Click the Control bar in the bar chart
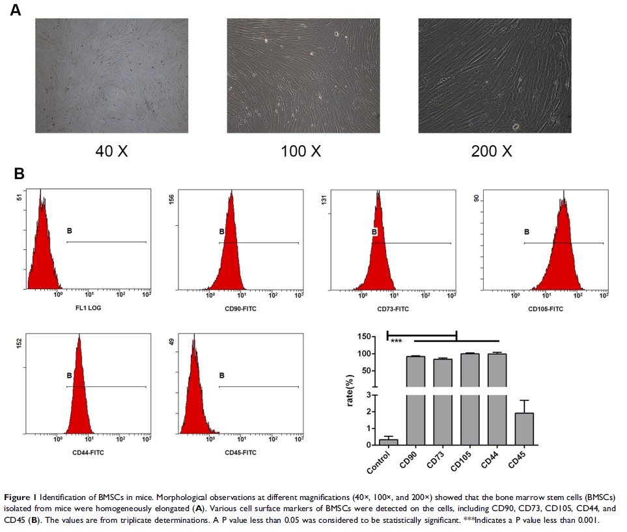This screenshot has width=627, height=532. (x=389, y=442)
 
